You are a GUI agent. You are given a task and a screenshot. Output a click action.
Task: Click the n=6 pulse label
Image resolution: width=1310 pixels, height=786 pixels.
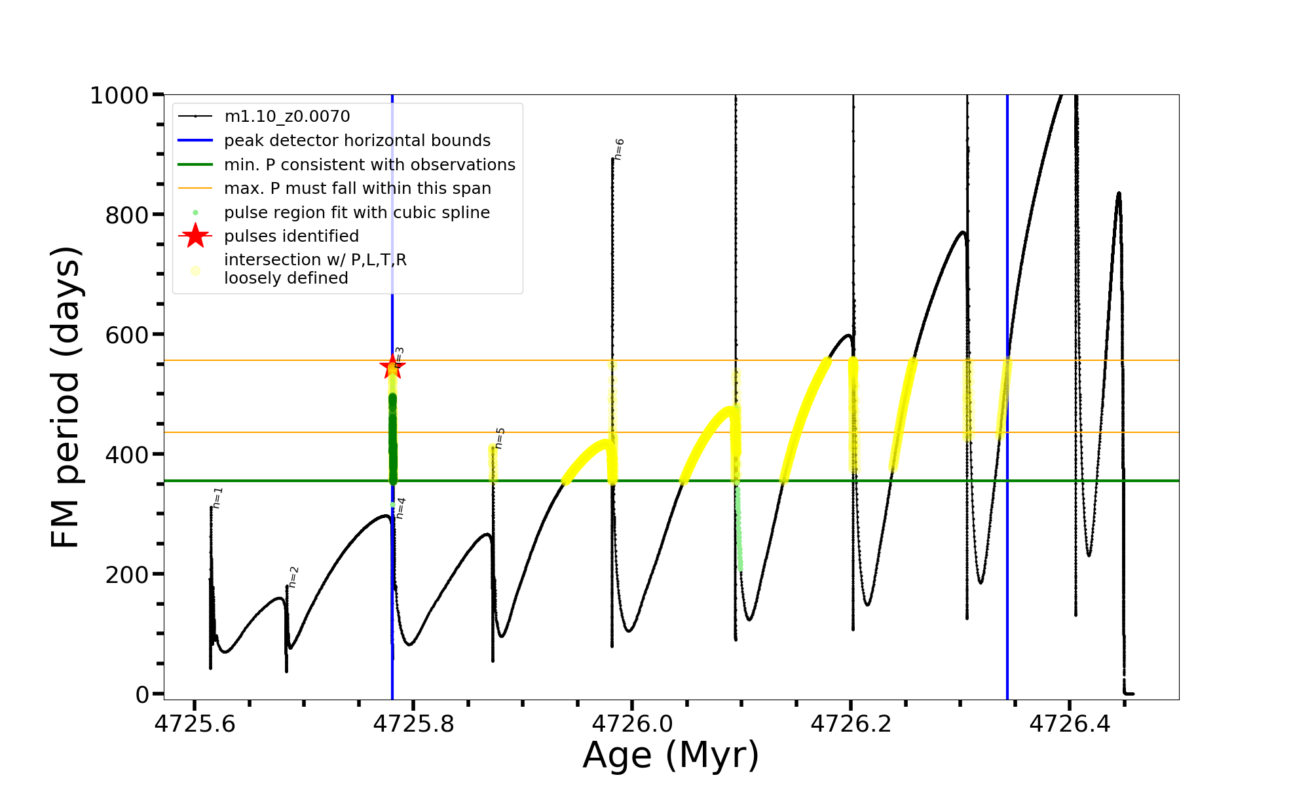click(619, 149)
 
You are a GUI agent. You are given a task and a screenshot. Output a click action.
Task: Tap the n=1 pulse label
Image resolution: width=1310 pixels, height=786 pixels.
click(218, 498)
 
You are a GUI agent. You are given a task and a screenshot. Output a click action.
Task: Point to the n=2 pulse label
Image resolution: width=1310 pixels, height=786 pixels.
click(293, 577)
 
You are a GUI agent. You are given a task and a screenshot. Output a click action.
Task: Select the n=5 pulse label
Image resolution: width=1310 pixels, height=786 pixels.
click(500, 438)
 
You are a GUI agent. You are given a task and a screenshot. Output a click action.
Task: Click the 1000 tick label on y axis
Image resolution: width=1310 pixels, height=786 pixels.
click(119, 96)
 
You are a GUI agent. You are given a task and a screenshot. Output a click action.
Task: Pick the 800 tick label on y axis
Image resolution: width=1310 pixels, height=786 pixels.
click(127, 215)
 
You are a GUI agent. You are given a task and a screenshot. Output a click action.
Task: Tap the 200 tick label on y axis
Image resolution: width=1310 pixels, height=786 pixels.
click(127, 574)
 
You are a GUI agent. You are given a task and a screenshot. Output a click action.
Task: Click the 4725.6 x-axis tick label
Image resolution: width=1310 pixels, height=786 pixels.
click(195, 724)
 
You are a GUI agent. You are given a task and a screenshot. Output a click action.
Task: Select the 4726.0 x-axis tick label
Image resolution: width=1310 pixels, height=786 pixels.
click(632, 724)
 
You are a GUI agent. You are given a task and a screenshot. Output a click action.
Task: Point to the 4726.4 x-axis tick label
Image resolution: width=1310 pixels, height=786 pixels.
click(1070, 724)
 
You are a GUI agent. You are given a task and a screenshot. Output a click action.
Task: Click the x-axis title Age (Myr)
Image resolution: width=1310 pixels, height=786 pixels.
click(671, 755)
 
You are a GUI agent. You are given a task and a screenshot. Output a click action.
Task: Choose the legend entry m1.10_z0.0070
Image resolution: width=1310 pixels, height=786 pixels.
click(287, 117)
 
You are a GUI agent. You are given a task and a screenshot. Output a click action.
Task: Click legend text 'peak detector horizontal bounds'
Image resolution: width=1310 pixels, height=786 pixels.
click(357, 141)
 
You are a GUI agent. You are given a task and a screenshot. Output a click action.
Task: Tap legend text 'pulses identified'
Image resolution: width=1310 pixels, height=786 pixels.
click(291, 236)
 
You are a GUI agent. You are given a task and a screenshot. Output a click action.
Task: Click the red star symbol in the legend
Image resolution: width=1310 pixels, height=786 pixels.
click(195, 236)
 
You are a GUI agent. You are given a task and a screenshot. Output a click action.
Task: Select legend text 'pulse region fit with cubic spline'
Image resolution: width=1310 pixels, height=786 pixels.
click(357, 213)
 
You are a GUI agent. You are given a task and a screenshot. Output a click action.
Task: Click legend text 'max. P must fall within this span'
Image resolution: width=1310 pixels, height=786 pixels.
click(357, 189)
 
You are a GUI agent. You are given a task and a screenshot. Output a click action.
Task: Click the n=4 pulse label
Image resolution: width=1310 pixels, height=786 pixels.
click(401, 508)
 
